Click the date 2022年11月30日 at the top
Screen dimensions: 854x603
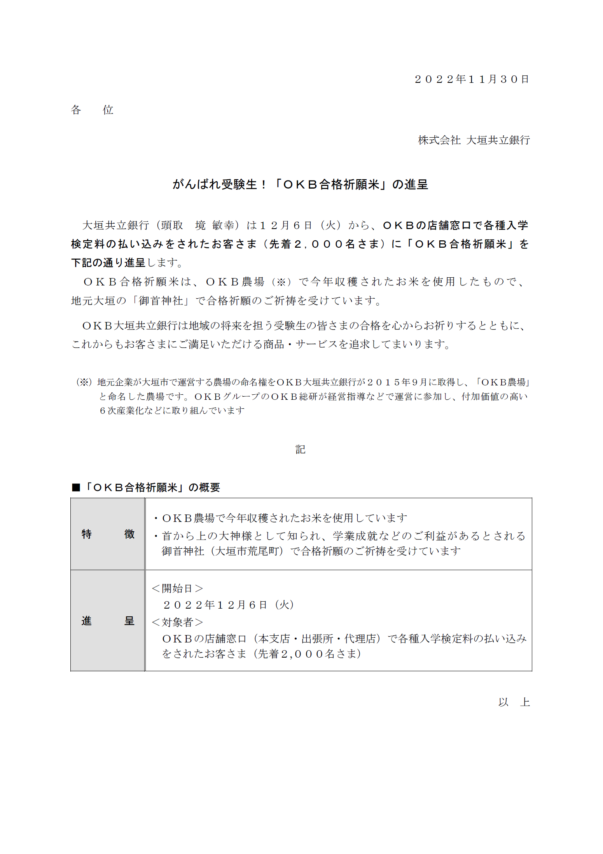coord(472,79)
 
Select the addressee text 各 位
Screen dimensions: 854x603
coord(92,110)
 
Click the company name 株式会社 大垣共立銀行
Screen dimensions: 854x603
coord(474,140)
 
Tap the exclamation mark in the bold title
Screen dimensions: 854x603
coord(264,184)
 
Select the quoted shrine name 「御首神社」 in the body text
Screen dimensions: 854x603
coord(161,301)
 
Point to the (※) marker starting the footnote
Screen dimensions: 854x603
coord(84,382)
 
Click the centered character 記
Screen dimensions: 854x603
coord(300,450)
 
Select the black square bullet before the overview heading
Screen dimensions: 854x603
coord(76,488)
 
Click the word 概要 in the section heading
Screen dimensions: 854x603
coord(210,488)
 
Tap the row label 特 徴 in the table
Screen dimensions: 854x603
coord(108,534)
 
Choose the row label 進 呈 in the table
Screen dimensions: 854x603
coord(108,621)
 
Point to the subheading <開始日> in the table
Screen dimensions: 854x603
coord(177,588)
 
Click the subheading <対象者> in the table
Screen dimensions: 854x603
coord(177,622)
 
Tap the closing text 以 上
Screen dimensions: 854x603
coord(514,702)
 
